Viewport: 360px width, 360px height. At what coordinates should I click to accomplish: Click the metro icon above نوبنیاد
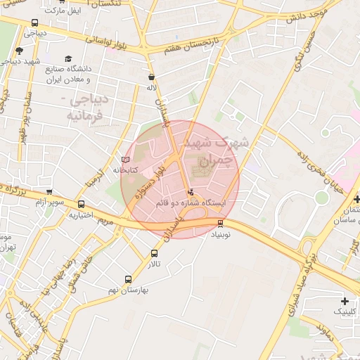221,224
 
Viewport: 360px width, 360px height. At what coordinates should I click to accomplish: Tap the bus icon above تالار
154,254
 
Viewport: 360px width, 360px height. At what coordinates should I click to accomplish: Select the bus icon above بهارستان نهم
128,279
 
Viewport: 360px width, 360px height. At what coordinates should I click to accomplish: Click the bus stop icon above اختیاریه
82,205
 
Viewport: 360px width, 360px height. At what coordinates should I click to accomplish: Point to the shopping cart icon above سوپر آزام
49,192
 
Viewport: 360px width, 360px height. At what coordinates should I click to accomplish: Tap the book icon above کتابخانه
126,160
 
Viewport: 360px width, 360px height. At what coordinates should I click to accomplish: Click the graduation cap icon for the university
68,58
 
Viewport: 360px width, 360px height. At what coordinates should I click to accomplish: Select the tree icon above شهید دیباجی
19,51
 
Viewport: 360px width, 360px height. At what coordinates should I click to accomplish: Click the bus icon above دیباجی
35,22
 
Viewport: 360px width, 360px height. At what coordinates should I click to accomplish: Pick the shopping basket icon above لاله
151,77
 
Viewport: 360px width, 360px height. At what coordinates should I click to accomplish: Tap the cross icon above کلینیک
344,300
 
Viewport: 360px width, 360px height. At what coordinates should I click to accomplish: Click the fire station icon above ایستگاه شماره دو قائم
190,192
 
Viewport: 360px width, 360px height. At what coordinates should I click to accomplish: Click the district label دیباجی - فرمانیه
86,105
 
